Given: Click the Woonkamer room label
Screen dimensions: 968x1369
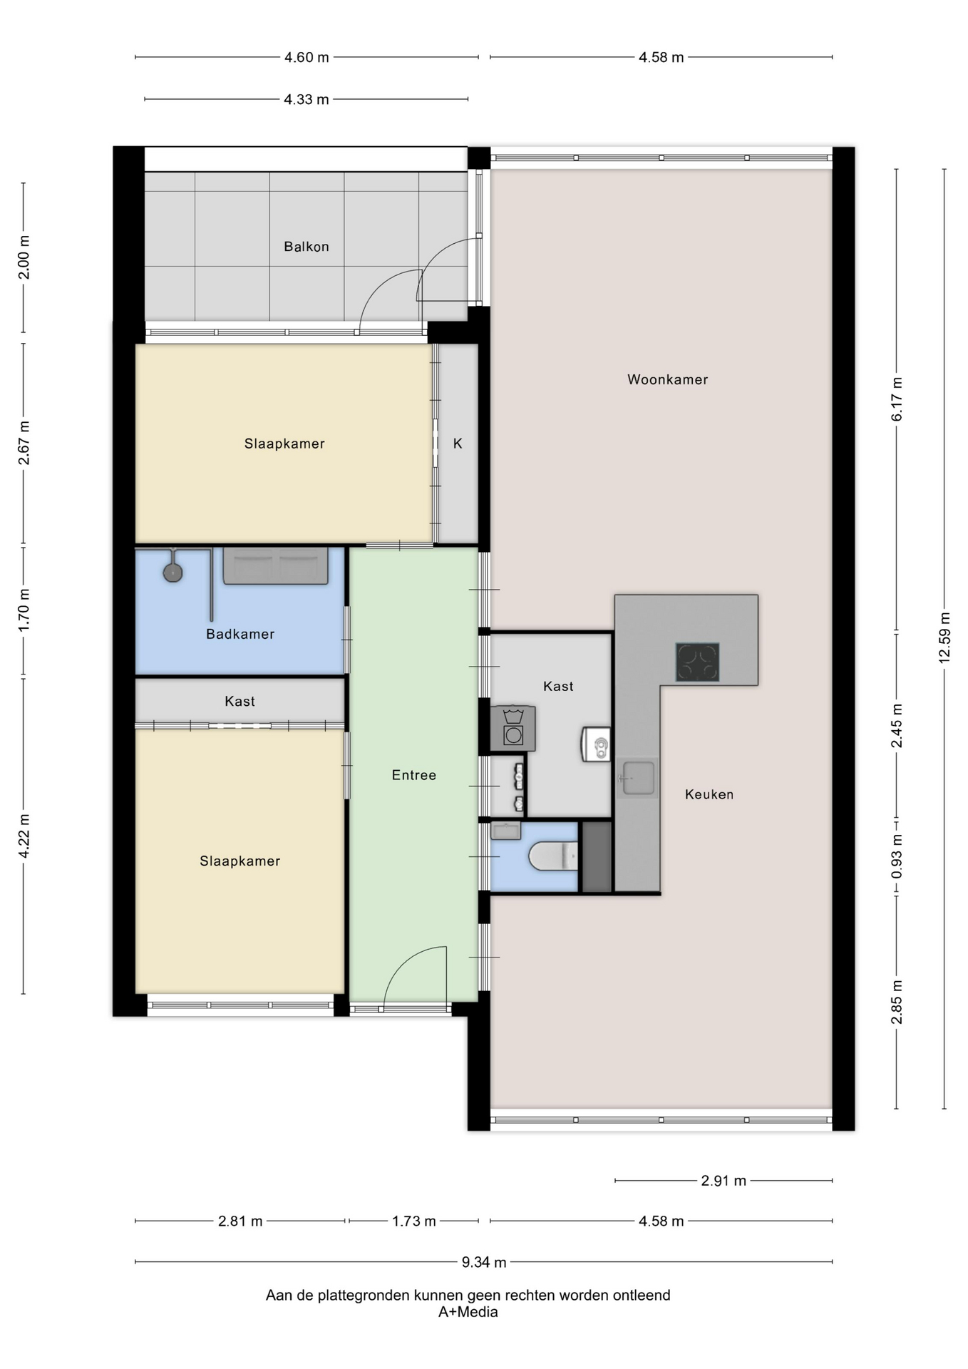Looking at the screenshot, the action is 667,379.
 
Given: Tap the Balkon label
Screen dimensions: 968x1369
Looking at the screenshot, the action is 307,247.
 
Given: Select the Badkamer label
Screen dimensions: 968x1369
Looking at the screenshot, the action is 240,634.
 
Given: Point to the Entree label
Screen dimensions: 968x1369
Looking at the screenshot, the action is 414,775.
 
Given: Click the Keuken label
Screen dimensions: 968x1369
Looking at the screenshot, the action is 709,794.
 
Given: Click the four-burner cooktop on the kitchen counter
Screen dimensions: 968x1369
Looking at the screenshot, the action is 697,662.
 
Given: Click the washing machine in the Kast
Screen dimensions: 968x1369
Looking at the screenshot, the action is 513,728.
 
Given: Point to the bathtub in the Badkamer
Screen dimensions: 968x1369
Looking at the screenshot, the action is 276,566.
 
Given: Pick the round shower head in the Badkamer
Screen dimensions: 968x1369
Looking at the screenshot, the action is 173,572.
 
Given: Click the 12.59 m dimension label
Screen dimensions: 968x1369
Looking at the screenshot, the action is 944,638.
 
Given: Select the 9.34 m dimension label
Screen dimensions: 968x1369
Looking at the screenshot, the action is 484,1262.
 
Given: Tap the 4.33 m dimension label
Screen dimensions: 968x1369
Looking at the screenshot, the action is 307,99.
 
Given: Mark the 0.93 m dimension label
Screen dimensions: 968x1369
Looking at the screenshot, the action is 897,856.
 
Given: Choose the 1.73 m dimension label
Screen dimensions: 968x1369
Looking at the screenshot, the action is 414,1221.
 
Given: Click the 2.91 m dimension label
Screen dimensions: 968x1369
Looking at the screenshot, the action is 724,1181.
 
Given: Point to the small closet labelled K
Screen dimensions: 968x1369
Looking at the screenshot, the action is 458,443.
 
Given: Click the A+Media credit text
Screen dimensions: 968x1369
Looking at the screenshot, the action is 468,1312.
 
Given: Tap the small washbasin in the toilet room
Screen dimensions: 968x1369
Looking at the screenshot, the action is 506,831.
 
